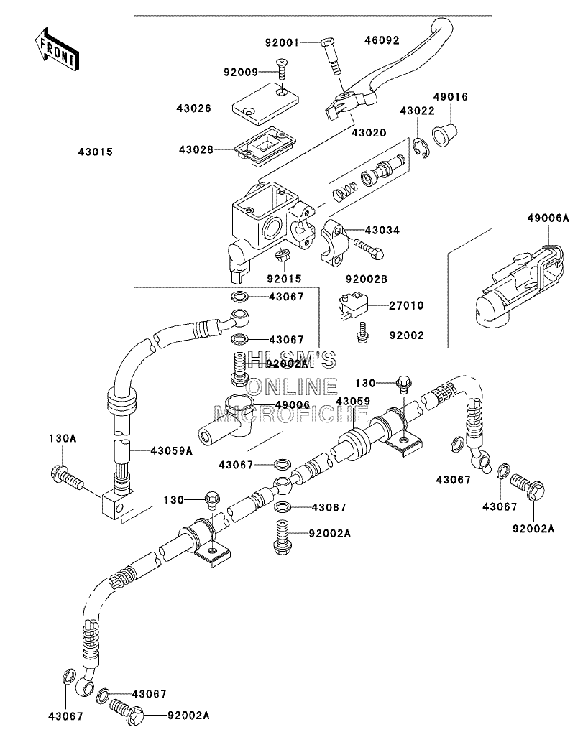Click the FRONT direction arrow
click(55, 47)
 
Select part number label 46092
click(382, 40)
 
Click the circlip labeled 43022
click(422, 147)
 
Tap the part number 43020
click(369, 132)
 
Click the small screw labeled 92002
click(362, 333)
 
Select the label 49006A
click(548, 218)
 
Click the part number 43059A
click(172, 450)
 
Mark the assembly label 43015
click(96, 152)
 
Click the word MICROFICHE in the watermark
click(290, 415)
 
